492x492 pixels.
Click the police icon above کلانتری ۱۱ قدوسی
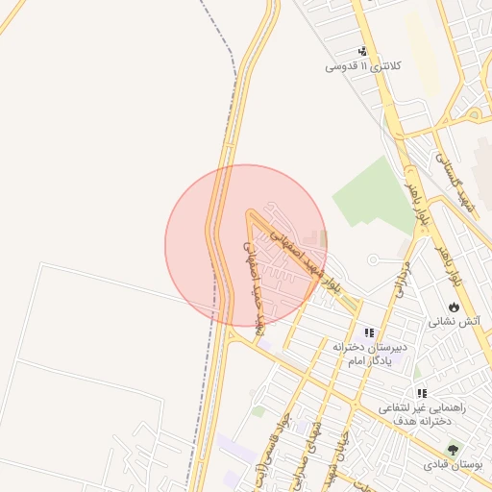pyautogui.click(x=362, y=51)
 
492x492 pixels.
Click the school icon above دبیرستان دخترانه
pyautogui.click(x=369, y=332)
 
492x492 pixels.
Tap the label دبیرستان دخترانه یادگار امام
pyautogui.click(x=371, y=352)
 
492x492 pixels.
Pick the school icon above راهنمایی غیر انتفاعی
pyautogui.click(x=421, y=393)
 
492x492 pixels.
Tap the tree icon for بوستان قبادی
pyautogui.click(x=453, y=449)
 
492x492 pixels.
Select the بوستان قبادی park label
pyautogui.click(x=452, y=465)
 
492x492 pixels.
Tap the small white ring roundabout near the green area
pyautogui.click(x=373, y=259)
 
